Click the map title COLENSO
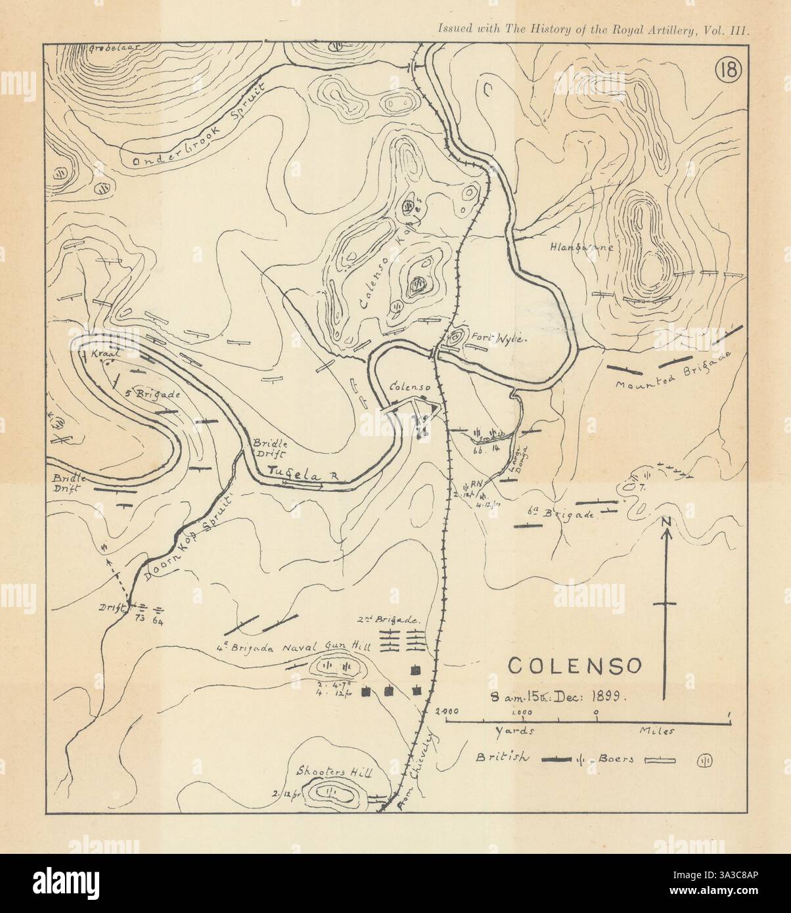click(576, 665)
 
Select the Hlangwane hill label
click(583, 248)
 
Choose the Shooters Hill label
click(334, 773)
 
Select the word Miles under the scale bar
click(656, 730)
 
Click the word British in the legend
click(504, 757)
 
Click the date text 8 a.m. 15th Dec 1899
click(560, 697)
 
